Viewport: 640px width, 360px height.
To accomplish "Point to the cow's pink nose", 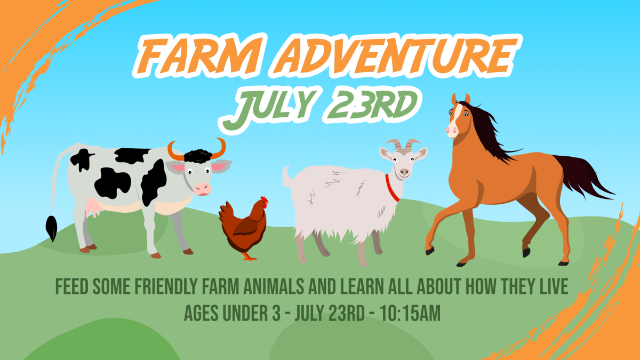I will [202, 188].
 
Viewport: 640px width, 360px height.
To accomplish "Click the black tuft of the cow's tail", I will [52, 229].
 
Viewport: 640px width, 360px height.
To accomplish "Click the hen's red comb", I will [264, 199].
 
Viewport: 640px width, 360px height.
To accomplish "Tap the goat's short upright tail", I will [287, 177].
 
